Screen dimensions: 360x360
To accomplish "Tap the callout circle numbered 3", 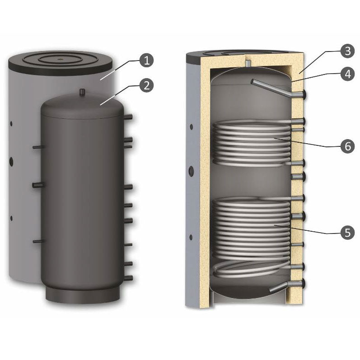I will point(346,51).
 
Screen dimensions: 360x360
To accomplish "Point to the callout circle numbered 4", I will point(346,74).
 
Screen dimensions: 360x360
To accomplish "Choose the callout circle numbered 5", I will point(346,233).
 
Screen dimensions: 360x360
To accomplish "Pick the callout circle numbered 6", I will point(346,147).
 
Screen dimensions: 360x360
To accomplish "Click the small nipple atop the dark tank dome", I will point(83,92).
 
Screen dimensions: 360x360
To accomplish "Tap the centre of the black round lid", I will point(61,58).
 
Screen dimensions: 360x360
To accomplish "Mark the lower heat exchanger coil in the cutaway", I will point(251,226).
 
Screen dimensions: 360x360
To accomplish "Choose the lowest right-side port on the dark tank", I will point(130,277).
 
